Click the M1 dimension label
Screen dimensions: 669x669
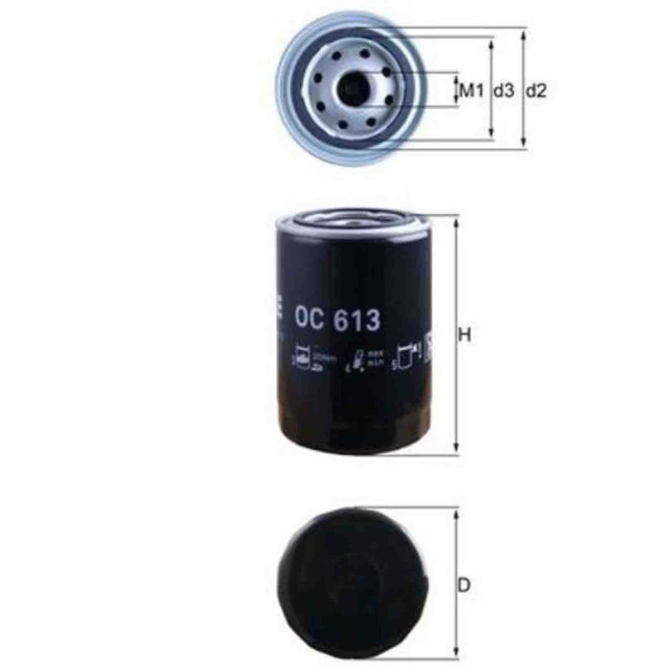[x=468, y=91]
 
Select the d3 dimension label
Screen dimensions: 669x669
[x=504, y=91]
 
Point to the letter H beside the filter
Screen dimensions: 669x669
[x=466, y=335]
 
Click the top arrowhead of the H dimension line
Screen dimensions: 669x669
[x=456, y=219]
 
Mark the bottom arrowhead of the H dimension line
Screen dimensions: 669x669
[x=456, y=451]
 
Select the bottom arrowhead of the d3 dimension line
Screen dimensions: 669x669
[x=492, y=134]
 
